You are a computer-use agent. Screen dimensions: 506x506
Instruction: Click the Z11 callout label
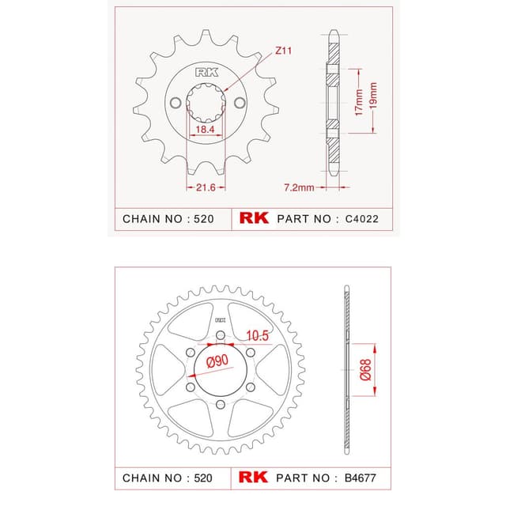[283, 51]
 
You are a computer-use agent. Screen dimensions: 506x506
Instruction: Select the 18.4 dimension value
[205, 130]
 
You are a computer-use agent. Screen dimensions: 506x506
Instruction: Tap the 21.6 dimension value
[206, 187]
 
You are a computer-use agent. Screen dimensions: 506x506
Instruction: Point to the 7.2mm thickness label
[299, 187]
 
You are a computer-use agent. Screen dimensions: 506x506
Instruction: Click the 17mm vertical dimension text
[359, 103]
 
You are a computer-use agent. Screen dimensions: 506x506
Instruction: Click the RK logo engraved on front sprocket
[206, 72]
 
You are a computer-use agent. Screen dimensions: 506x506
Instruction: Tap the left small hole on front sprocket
[176, 103]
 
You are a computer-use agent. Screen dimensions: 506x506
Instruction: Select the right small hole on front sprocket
[240, 103]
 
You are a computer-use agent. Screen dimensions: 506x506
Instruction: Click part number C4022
[362, 219]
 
